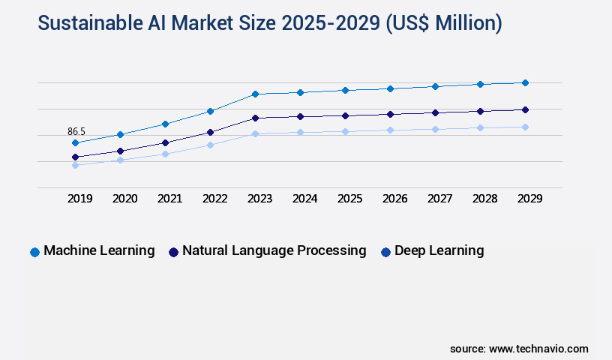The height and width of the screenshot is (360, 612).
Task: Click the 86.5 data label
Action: tap(76, 131)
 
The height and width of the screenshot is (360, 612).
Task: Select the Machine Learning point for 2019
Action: tap(75, 142)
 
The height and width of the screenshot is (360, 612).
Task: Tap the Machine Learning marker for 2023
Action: tap(255, 94)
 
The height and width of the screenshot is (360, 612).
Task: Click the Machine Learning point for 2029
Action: tap(525, 82)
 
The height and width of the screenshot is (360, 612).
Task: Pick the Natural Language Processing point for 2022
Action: tap(210, 132)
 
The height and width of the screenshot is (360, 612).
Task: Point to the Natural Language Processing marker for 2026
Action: tap(390, 114)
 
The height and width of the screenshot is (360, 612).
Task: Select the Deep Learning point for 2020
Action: tap(120, 160)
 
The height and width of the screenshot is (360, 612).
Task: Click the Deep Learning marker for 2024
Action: tap(300, 132)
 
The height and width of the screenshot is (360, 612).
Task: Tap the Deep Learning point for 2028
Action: tap(480, 127)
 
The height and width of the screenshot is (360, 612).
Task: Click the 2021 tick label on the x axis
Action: tap(169, 199)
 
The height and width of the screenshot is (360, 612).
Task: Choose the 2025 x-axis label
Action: tap(349, 199)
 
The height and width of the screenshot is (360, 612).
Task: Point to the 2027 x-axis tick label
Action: tap(439, 199)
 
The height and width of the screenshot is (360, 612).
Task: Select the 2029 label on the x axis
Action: tap(529, 199)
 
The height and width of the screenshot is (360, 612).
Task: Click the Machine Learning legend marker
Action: tap(34, 252)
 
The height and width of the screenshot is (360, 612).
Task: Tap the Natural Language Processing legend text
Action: tap(274, 250)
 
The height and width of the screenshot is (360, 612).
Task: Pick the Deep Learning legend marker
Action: tap(385, 252)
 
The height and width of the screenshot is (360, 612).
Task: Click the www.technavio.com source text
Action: tap(538, 349)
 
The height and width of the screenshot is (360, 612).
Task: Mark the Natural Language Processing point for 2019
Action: tap(75, 157)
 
